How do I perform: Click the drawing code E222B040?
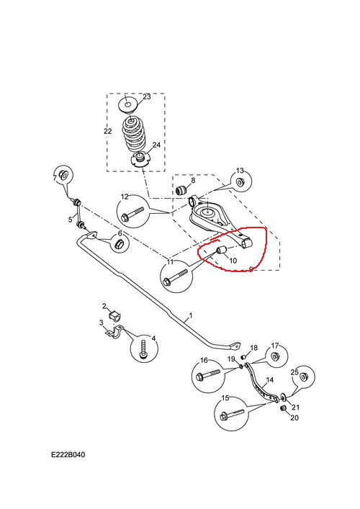point(68,454)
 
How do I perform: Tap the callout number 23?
point(147,96)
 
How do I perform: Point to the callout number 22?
point(108,131)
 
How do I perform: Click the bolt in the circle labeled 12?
point(132,214)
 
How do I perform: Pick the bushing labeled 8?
point(181,190)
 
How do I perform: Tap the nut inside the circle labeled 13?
point(240,182)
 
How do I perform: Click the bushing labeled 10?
point(222,251)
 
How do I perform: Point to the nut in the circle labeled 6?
point(119,243)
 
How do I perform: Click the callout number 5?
point(71,220)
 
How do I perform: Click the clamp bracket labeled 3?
point(116,332)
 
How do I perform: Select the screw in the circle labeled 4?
point(144,350)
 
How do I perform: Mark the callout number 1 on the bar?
point(191,315)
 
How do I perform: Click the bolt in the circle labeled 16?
point(208,374)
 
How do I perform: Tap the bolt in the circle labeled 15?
point(232,414)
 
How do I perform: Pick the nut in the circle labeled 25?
point(304,377)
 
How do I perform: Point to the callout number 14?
point(270,380)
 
